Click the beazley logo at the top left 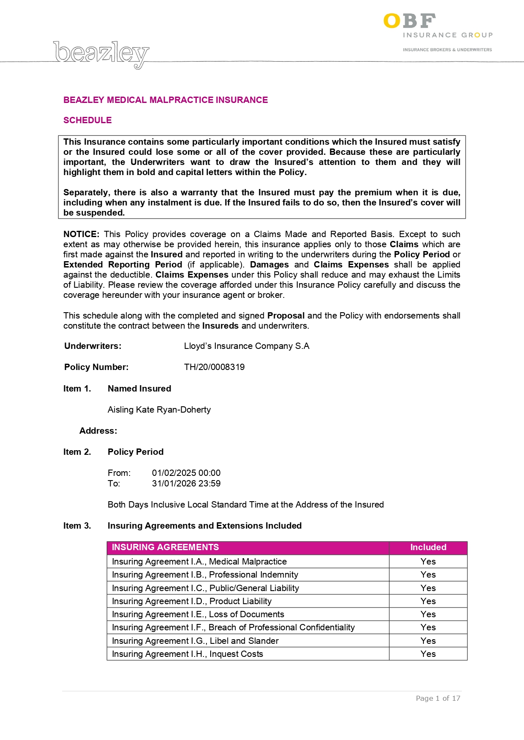pos(101,54)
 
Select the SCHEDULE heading pos(87,120)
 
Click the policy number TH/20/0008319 pos(214,367)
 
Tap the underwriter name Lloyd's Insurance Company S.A pos(247,346)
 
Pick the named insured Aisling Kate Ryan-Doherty pos(159,410)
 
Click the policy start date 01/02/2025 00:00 pos(186,473)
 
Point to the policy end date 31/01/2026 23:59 pos(186,483)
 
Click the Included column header pos(428,547)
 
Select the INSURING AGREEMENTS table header pos(165,547)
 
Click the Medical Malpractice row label pos(199,562)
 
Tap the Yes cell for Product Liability pos(428,601)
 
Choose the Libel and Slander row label pos(195,641)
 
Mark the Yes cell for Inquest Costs pos(428,654)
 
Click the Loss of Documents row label pos(198,614)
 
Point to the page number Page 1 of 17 pos(438,698)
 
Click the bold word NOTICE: pos(81,234)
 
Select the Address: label pos(98,431)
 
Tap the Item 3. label pos(77,526)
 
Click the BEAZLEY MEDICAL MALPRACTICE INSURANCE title pos(166,100)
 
